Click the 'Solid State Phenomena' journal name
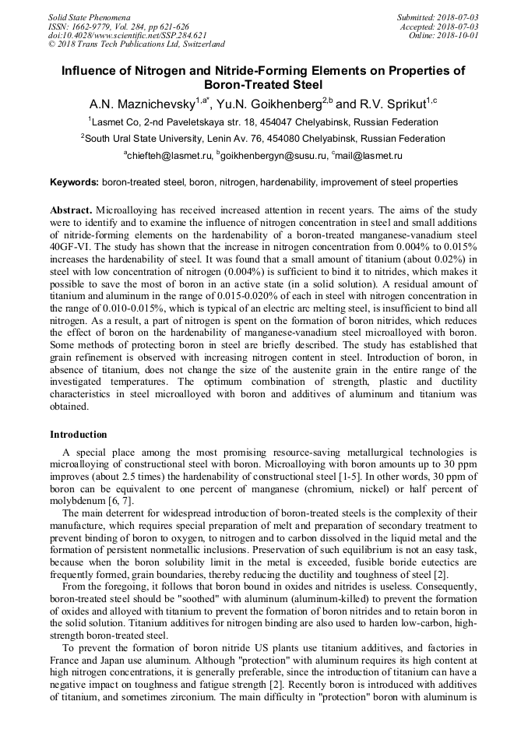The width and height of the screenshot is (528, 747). click(x=88, y=16)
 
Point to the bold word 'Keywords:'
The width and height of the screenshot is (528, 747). click(x=75, y=182)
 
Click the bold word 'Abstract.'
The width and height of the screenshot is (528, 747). click(x=71, y=210)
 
